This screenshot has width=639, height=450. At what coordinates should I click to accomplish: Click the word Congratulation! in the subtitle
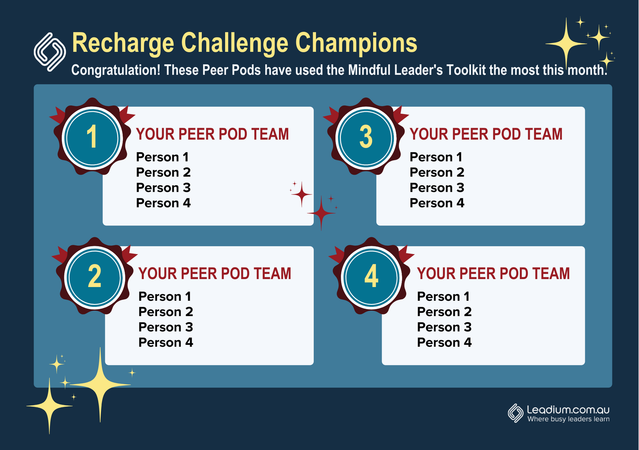coord(116,70)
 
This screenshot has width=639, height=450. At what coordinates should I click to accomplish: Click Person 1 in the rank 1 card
coord(162,157)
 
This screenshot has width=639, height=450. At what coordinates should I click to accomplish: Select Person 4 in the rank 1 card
coord(163,203)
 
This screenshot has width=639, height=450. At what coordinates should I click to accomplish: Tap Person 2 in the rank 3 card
coord(437,173)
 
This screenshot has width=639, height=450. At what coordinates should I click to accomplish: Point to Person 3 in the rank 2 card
coord(166,327)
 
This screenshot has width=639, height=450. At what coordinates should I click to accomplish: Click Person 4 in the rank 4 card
coord(444,343)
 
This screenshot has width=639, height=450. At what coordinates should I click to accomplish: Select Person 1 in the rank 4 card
coord(443,297)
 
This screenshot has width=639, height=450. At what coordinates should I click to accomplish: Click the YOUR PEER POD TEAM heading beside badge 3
coord(486,134)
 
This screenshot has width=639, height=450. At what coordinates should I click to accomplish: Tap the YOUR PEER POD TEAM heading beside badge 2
coord(215,274)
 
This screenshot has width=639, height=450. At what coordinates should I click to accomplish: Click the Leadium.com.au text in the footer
coord(568,409)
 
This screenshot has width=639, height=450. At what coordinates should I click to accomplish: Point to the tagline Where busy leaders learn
coord(568,419)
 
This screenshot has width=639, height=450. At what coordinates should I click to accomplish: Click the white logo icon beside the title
coord(50,52)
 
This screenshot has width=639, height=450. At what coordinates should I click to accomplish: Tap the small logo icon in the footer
coord(515,413)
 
